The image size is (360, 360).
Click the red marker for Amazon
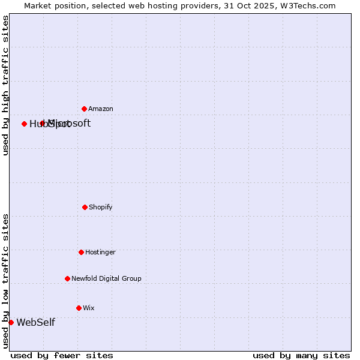[x=85, y=109]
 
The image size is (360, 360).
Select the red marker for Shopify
[x=85, y=207]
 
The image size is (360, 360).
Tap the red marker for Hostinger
[x=81, y=252]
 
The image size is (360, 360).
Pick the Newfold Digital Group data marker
[x=67, y=278]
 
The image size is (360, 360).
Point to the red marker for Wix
[x=79, y=308]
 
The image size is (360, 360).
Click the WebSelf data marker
[x=11, y=322]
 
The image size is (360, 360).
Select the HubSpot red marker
[x=24, y=124]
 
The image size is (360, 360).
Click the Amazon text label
[x=101, y=109]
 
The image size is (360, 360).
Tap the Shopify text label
[x=101, y=207]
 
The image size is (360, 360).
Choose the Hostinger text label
[x=100, y=252]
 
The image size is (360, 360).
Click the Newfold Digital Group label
[x=106, y=278]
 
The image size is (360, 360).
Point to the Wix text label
[x=89, y=308]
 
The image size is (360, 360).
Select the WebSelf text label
[x=35, y=322]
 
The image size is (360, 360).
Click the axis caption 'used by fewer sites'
[x=62, y=355]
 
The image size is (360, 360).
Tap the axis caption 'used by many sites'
[x=301, y=355]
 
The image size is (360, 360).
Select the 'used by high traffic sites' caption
[x=5, y=85]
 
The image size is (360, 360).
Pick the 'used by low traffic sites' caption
[x=5, y=281]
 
